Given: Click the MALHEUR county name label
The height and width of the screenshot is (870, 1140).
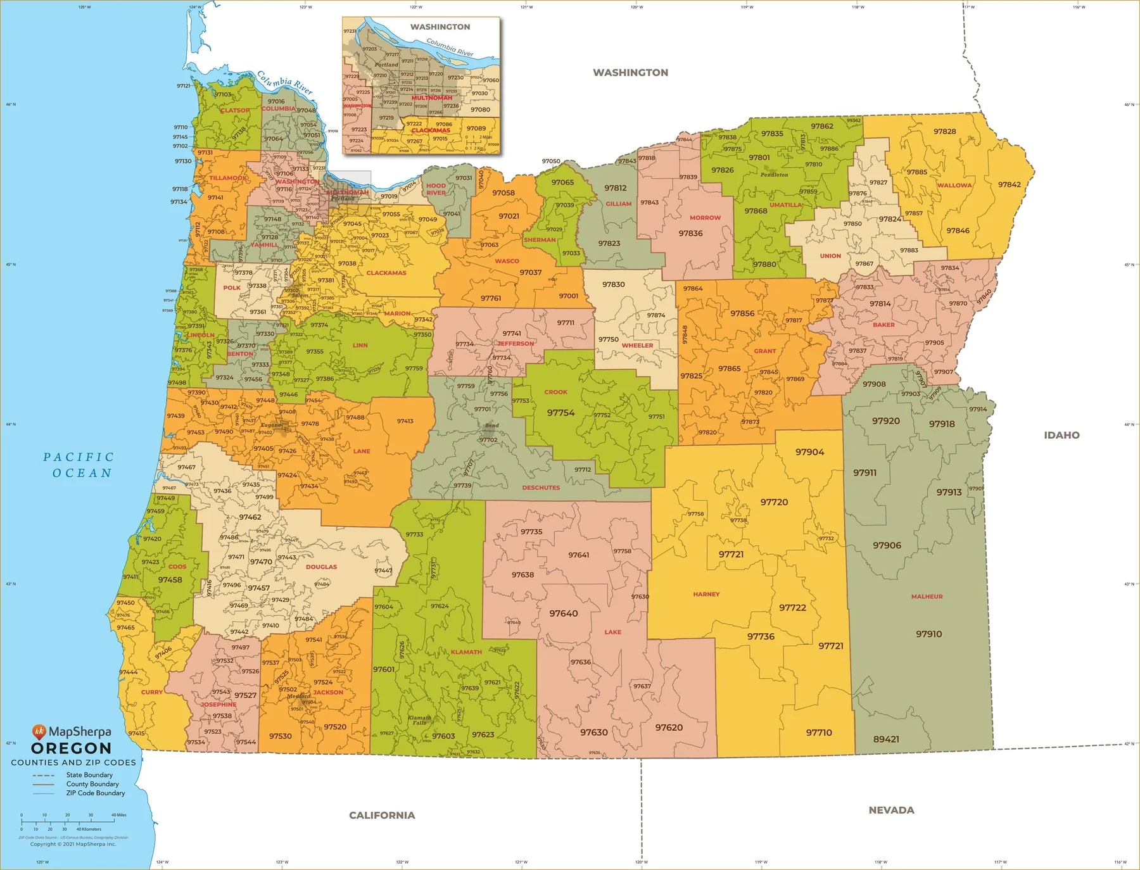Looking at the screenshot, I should (x=927, y=596).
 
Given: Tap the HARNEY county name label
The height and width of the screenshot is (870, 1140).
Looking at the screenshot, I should (x=706, y=594).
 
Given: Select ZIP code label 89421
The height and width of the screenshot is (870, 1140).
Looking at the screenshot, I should (x=885, y=739).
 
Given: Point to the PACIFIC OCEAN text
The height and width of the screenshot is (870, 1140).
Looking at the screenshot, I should (x=79, y=465).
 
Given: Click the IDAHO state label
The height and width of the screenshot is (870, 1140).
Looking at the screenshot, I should (x=1061, y=435).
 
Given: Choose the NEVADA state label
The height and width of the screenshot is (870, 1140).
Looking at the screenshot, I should (x=891, y=810).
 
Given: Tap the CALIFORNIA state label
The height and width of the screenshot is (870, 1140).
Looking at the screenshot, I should (x=382, y=815).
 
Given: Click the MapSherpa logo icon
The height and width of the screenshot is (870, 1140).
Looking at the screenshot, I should (x=39, y=731).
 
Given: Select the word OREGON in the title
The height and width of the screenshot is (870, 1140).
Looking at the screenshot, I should (x=71, y=748).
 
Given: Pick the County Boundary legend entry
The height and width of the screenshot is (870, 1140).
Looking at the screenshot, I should (x=92, y=784).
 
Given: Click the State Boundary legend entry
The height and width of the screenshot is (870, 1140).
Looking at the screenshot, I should (x=89, y=775).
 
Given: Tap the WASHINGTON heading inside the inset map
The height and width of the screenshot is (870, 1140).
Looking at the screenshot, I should (x=440, y=27).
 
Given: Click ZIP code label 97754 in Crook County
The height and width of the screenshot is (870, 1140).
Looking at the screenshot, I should (x=560, y=413).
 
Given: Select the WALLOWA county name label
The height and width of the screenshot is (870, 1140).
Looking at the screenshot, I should (x=954, y=186).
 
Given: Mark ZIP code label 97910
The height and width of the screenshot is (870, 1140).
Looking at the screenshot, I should (x=928, y=634).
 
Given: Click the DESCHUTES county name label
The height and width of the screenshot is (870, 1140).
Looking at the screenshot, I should (x=540, y=488).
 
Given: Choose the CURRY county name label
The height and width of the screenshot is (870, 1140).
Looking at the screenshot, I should (x=151, y=692).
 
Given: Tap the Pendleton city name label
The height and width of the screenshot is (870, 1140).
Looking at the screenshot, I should (x=774, y=175).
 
